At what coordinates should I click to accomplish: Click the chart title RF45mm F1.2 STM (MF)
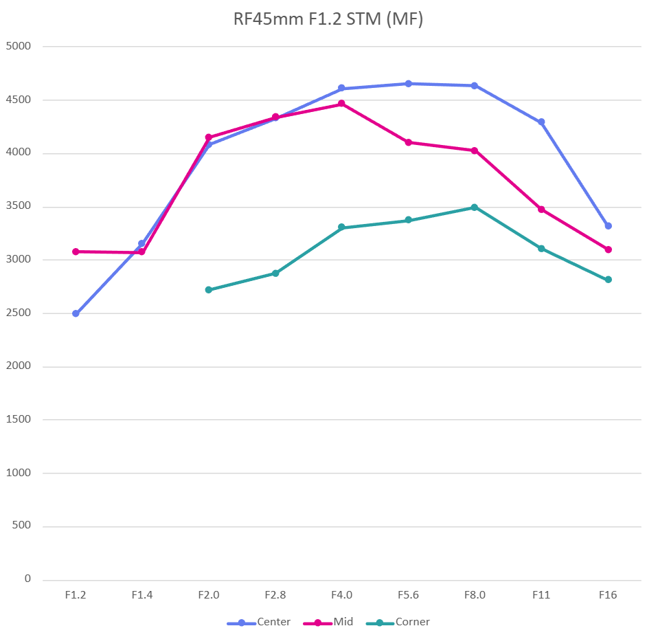[328, 20]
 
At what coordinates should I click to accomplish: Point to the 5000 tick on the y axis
[19, 47]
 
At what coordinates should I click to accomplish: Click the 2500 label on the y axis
[19, 313]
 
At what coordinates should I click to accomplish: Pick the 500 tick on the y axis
[22, 526]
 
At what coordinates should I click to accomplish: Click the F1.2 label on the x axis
[76, 595]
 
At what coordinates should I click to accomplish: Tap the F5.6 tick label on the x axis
[408, 595]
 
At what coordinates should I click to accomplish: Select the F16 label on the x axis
[608, 595]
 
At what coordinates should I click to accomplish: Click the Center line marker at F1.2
[76, 313]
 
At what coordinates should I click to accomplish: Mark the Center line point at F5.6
[408, 84]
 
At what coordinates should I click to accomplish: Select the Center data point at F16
[608, 225]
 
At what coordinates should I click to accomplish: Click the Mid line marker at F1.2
[76, 252]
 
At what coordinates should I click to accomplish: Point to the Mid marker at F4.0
[341, 104]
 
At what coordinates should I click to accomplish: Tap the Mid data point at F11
[541, 209]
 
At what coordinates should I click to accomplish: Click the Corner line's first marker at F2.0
[209, 290]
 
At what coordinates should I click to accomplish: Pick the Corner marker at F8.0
[475, 207]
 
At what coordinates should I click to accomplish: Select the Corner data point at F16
[608, 280]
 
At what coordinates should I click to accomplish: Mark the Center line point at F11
[541, 122]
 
